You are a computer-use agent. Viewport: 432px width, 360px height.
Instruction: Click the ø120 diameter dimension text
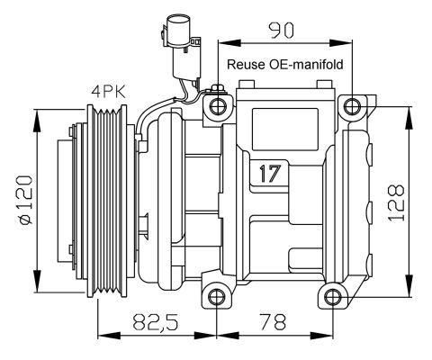(21, 199)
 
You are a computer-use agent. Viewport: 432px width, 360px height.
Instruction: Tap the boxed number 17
(269, 173)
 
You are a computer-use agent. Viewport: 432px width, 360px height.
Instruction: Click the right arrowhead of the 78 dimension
(326, 336)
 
